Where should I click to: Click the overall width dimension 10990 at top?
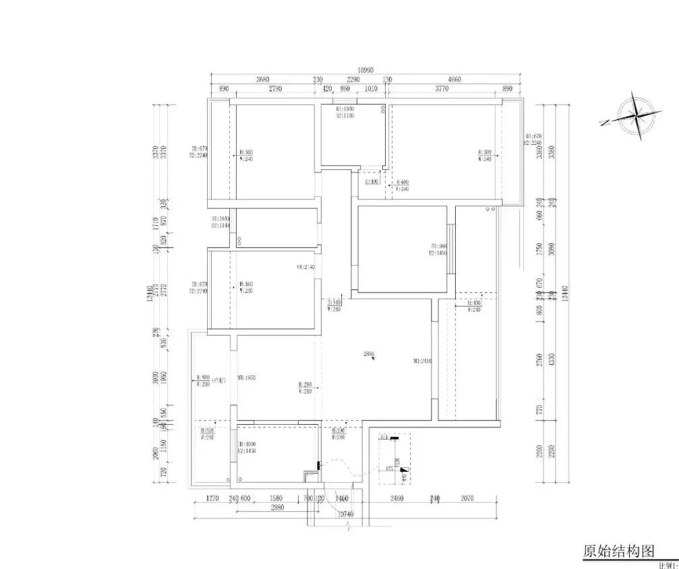click(x=365, y=69)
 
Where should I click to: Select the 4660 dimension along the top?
click(x=454, y=79)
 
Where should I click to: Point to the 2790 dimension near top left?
click(x=274, y=88)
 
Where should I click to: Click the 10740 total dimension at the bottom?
click(x=345, y=514)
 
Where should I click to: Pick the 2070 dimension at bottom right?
click(x=468, y=499)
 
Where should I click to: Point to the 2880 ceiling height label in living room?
click(x=368, y=353)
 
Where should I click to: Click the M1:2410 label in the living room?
click(x=422, y=361)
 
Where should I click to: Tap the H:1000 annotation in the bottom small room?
click(x=247, y=444)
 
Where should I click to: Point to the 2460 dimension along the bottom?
click(x=396, y=499)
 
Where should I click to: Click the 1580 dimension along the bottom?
click(x=276, y=499)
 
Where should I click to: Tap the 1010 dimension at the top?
click(x=370, y=88)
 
